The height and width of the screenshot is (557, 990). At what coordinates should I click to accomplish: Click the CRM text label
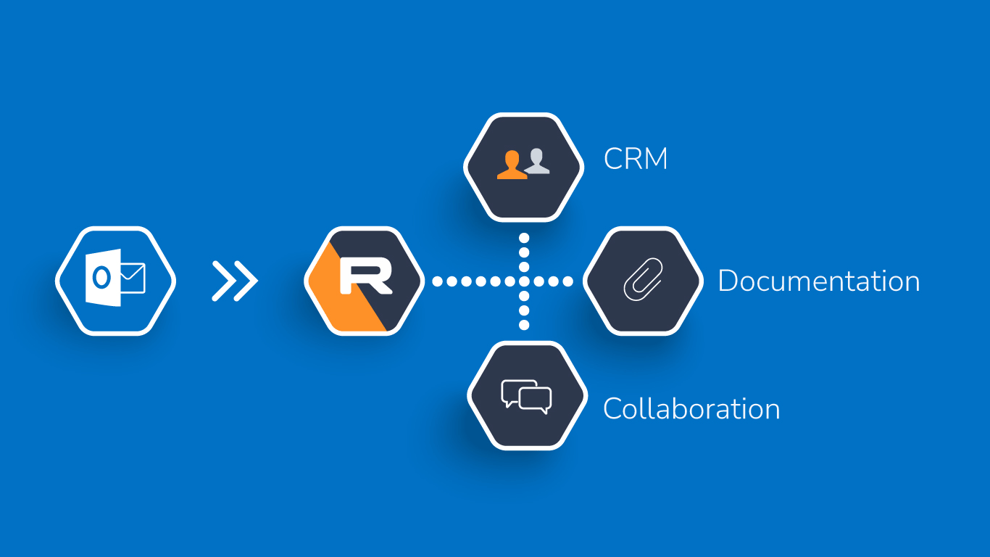636,159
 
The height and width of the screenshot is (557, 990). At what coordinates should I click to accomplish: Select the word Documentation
818,281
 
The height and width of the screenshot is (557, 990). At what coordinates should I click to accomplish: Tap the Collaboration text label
691,409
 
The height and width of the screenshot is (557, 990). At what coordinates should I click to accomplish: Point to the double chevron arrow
235,281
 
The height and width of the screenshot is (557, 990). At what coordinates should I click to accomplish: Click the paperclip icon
643,280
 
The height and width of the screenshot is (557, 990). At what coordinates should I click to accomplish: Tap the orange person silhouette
511,165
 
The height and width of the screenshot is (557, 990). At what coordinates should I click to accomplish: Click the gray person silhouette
538,161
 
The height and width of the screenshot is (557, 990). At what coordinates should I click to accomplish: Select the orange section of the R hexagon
330,290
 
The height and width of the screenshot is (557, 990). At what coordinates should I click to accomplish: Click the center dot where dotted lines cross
524,281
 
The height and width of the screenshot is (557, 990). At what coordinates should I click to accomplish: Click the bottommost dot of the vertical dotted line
524,326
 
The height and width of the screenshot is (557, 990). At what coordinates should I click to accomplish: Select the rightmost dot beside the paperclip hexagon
568,281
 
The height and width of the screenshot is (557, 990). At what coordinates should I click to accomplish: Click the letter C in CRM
613,159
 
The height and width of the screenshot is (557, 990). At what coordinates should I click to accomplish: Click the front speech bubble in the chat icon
536,400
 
